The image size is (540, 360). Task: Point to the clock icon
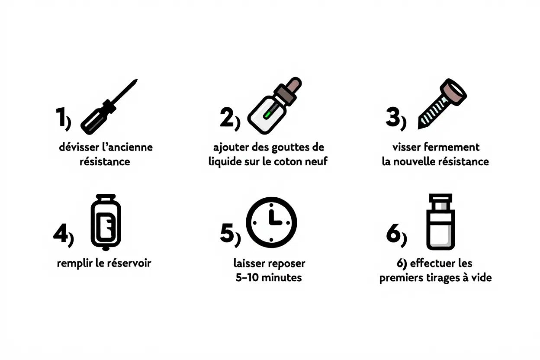click(x=271, y=222)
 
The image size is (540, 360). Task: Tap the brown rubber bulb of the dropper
click(x=295, y=84)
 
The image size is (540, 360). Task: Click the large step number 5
click(x=227, y=234)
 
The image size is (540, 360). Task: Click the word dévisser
click(x=78, y=147)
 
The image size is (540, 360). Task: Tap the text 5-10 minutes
click(x=269, y=278)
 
